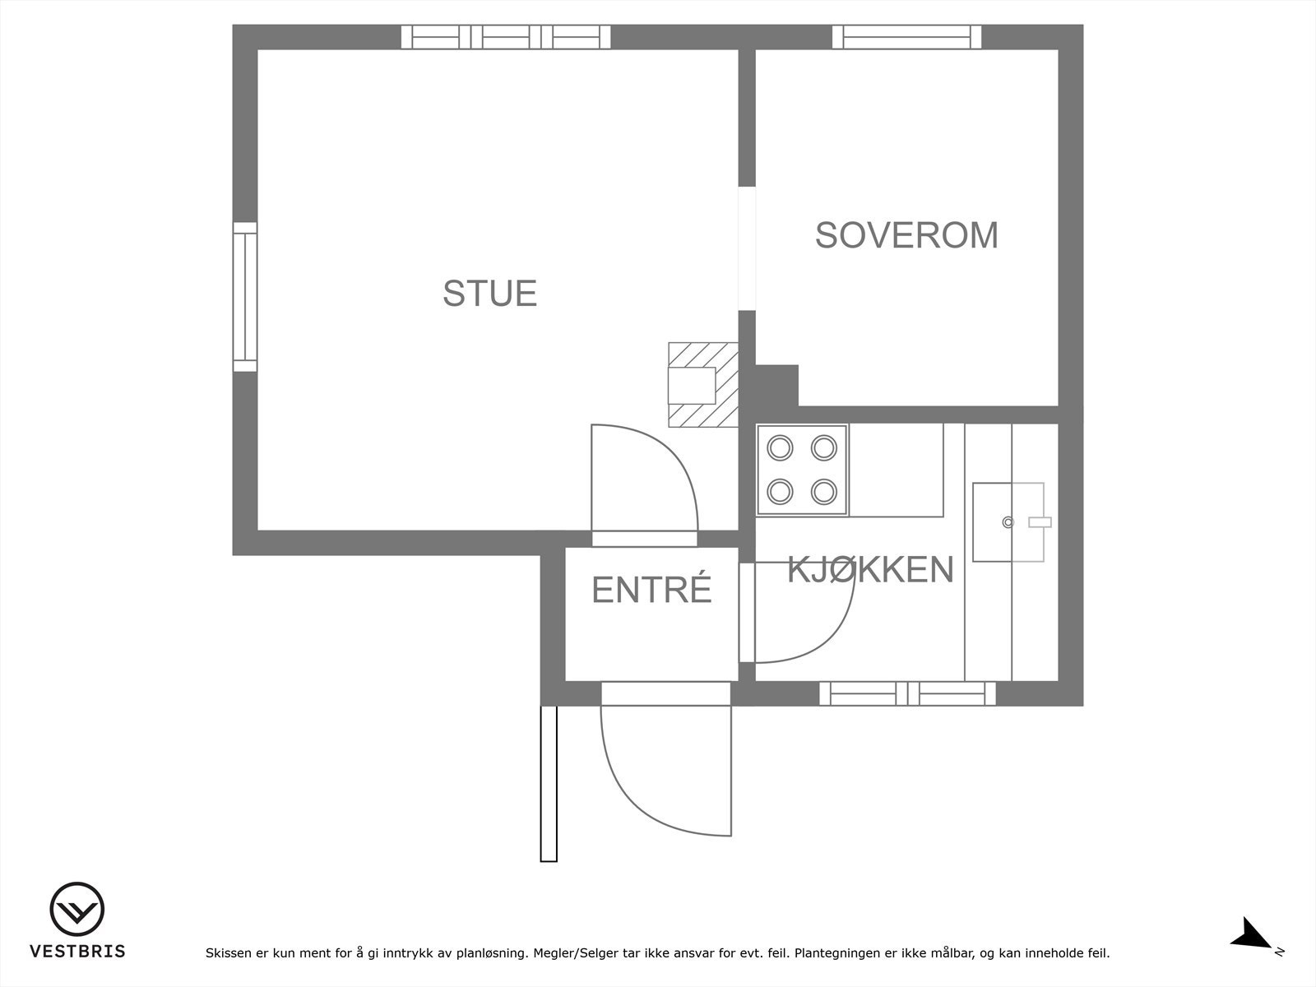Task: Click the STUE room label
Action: (489, 294)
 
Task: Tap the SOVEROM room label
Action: (906, 235)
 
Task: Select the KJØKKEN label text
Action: (870, 569)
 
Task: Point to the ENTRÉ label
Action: (651, 590)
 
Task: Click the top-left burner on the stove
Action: (779, 447)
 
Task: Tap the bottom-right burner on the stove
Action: (823, 492)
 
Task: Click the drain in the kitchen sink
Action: (1008, 522)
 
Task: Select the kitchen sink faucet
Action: (1040, 522)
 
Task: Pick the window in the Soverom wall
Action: (906, 37)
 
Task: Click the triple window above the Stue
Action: (506, 37)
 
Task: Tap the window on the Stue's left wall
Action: (245, 297)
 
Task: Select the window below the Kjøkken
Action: (907, 693)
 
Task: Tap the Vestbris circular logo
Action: (77, 911)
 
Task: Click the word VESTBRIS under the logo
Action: (77, 952)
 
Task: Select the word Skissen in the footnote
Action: (228, 954)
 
